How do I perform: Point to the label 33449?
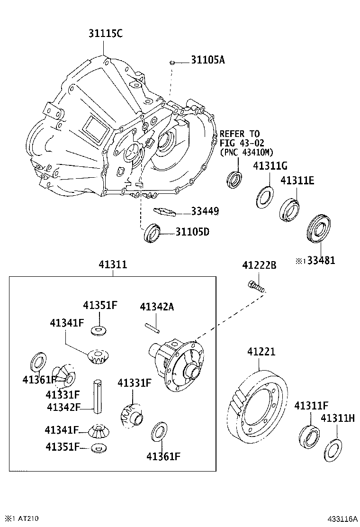[205, 211]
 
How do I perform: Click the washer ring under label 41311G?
[264, 197]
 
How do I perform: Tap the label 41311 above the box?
[113, 264]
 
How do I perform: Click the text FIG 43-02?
[242, 143]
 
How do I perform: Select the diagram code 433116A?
[341, 519]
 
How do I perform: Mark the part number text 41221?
[261, 352]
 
